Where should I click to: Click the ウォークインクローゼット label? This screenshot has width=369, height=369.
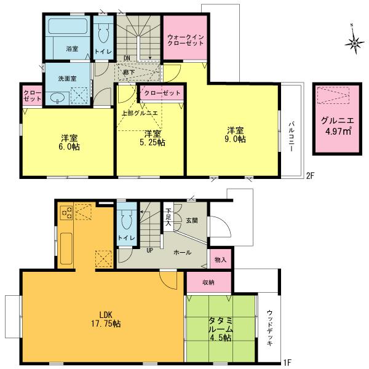tap(185, 41)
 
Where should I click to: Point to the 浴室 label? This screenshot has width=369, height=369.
tap(72, 47)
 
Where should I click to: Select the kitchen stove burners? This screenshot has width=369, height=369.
tap(67, 213)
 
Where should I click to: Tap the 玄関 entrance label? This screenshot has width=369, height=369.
tap(192, 220)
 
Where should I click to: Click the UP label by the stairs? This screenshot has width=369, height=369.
tap(149, 250)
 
